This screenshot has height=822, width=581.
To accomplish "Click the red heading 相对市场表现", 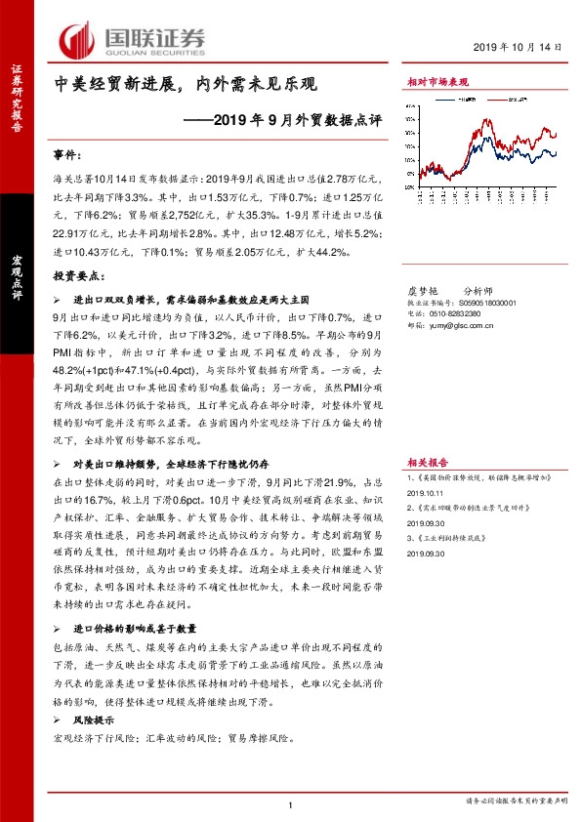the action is pos(438,84).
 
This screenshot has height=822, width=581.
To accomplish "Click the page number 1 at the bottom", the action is pos(292,803).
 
